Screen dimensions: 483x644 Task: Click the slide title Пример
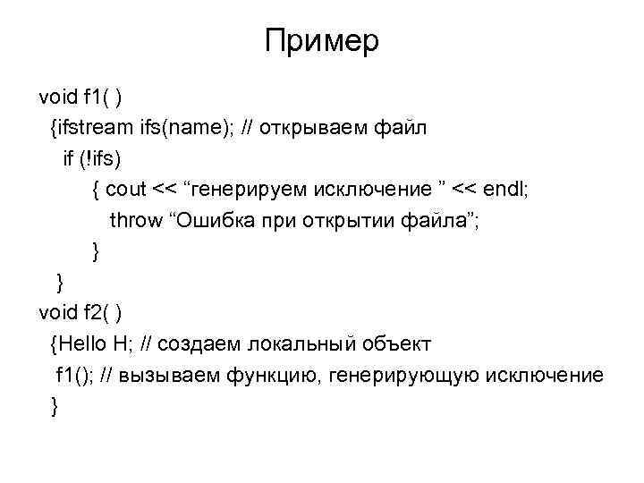(322, 42)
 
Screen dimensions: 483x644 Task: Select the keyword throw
(136, 221)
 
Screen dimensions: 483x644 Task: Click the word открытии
(355, 221)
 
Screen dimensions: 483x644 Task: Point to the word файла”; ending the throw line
(444, 221)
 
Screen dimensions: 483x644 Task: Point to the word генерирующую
(405, 375)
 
